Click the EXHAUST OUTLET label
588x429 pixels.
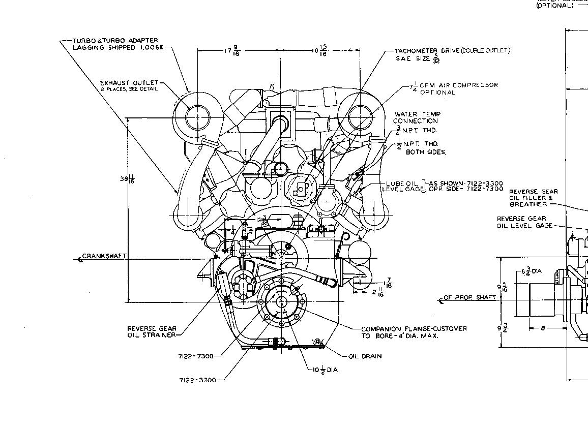point(129,83)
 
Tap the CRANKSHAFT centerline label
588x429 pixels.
point(104,256)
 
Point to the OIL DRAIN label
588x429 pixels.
point(365,356)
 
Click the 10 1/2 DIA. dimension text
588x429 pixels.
point(326,370)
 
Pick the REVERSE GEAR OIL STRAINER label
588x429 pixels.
point(152,331)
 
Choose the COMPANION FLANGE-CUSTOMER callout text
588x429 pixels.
point(414,329)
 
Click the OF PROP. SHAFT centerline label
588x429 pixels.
point(469,297)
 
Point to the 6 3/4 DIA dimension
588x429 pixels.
point(531,271)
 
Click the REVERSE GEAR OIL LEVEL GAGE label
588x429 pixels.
point(524,222)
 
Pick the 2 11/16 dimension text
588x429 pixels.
point(377,292)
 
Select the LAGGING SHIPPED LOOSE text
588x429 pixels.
point(118,47)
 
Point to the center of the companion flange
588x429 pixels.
point(281,302)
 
